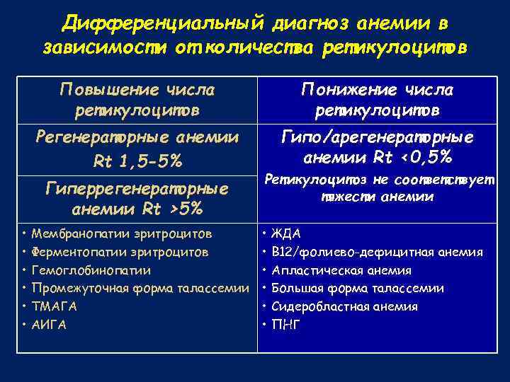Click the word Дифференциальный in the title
pyautogui.click(x=161, y=23)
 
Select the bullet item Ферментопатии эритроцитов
pyautogui.click(x=120, y=252)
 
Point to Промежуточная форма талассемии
pyautogui.click(x=140, y=288)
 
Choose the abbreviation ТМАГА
pyautogui.click(x=55, y=306)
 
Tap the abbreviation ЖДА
pyautogui.click(x=286, y=233)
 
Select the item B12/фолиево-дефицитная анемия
pyautogui.click(x=378, y=252)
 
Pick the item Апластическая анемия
pyautogui.click(x=341, y=270)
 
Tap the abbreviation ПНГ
pyautogui.click(x=286, y=325)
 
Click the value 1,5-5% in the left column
pyautogui.click(x=151, y=161)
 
